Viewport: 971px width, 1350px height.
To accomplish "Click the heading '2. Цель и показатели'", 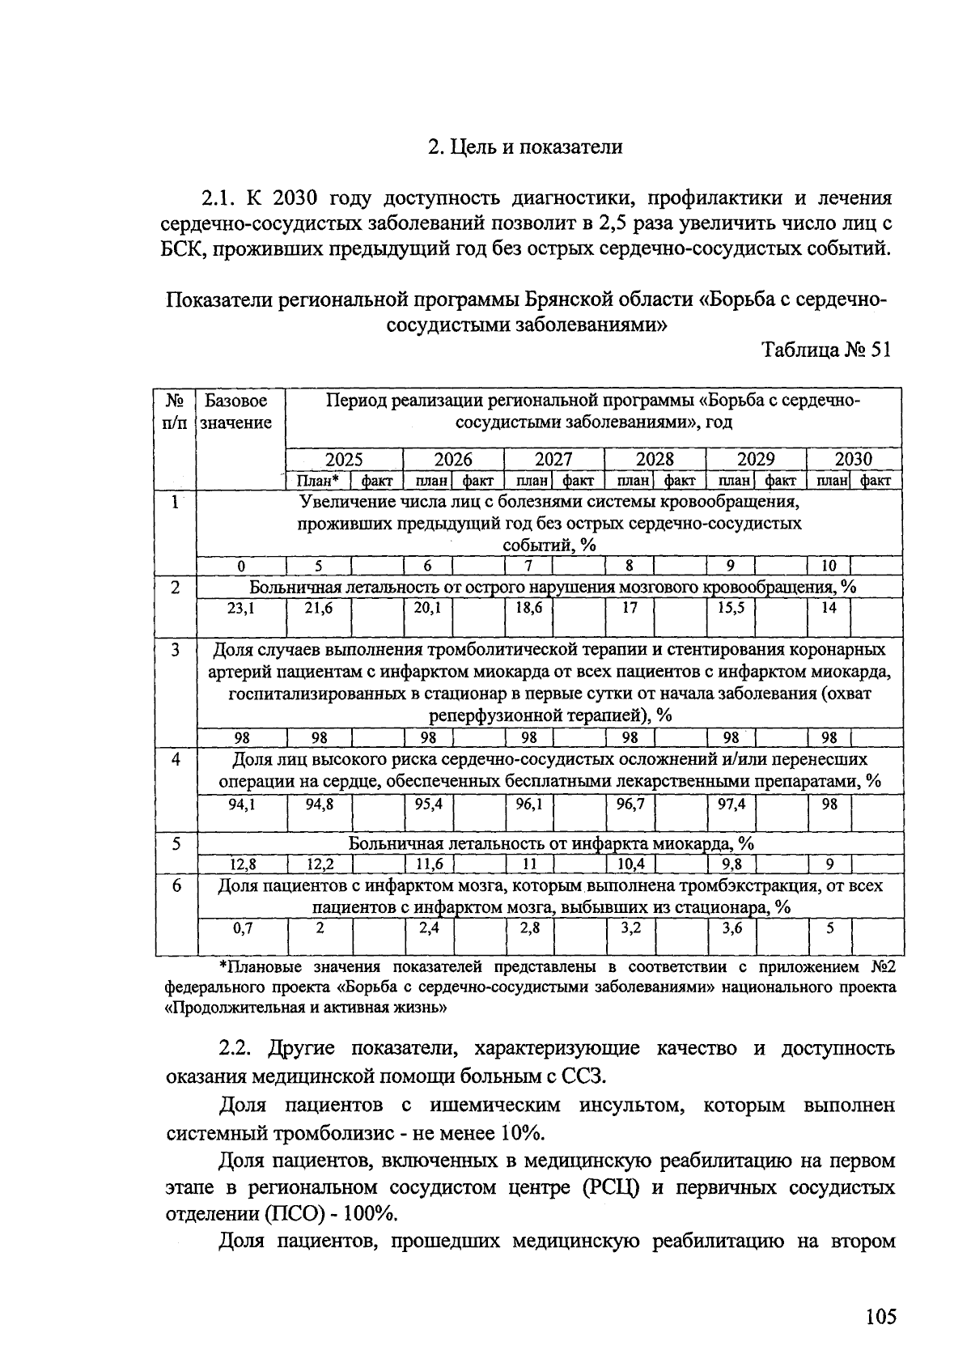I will tap(525, 147).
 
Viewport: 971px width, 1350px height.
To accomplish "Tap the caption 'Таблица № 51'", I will tap(826, 351).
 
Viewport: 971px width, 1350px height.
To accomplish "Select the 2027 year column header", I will tap(553, 459).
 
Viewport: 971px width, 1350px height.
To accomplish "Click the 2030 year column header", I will tap(854, 459).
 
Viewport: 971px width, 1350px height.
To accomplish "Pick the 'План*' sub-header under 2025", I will tap(317, 481).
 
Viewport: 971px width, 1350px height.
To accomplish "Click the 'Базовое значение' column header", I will tap(235, 411).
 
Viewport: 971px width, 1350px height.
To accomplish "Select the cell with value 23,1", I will tap(240, 607).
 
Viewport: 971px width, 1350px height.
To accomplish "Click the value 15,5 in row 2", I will tap(731, 607).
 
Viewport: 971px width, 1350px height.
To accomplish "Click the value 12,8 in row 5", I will tap(240, 864).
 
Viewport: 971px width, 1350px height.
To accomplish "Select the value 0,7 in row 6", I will tap(242, 928).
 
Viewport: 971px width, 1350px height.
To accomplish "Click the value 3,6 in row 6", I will tap(731, 928).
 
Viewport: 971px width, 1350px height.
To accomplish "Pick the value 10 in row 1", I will tap(829, 566).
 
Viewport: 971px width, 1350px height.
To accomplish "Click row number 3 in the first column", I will tap(176, 650).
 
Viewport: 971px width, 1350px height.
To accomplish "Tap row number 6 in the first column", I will tap(176, 886).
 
